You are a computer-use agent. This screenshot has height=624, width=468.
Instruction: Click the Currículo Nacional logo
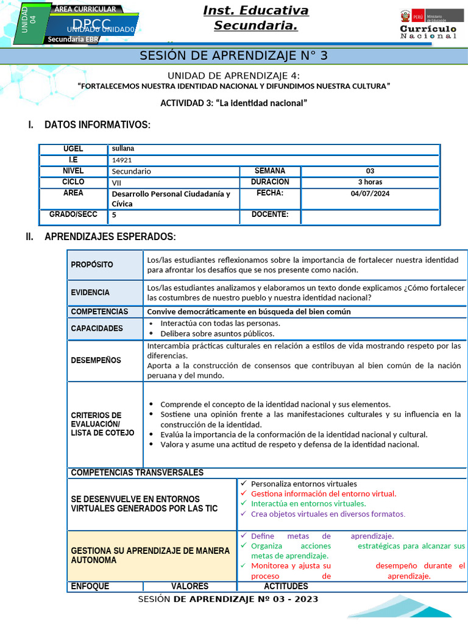pos(428,24)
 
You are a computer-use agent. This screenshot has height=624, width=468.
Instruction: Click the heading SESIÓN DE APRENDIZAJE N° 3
pos(234,55)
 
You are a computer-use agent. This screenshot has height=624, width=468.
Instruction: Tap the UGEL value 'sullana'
pos(123,149)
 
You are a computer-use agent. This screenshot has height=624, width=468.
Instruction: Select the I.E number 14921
pos(122,160)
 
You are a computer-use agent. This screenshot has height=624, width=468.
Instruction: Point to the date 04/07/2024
pos(370,193)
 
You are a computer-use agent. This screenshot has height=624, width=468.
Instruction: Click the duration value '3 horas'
pos(370,182)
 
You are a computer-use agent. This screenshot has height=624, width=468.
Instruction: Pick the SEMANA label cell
pos(269,171)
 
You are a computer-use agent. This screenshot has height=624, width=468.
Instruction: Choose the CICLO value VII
pos(116,182)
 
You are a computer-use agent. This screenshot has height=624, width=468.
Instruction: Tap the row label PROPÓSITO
pos(92,264)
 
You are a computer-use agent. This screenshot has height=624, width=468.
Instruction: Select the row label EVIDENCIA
pos(90,292)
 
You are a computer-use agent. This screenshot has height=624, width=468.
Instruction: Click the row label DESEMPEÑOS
pos(96,360)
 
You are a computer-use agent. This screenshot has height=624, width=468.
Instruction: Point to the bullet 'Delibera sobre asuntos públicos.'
pos(217,334)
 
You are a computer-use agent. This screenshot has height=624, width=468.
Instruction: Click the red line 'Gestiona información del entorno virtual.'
pos(323,494)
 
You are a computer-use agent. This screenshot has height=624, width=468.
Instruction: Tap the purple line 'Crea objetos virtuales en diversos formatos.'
pos(328,514)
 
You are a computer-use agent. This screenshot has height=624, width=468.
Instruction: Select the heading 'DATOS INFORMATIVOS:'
pos(97,125)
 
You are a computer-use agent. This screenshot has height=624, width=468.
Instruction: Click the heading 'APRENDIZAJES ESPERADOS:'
pos(110,236)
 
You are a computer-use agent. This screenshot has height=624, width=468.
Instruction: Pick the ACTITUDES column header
pos(286,586)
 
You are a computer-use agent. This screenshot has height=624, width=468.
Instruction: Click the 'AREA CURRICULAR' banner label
pos(85,9)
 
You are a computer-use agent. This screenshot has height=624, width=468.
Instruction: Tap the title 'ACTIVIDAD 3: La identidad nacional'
pos(233,103)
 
